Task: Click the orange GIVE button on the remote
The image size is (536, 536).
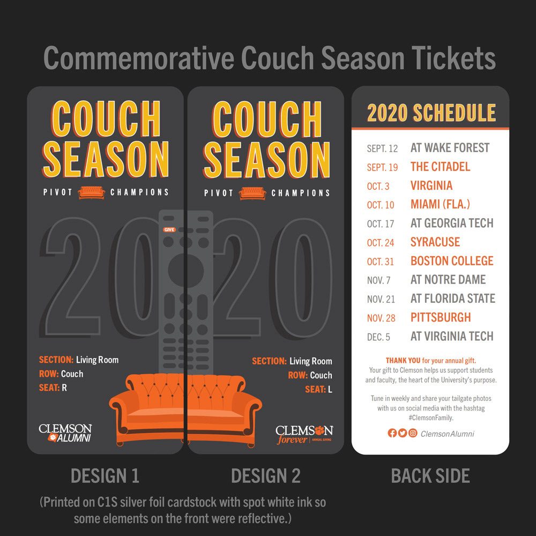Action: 169,230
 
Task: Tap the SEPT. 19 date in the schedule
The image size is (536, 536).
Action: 382,167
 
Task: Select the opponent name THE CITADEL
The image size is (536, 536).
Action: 440,167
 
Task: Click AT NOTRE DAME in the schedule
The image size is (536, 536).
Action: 448,280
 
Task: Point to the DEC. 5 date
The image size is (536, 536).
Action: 378,337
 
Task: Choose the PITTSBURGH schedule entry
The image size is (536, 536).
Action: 441,317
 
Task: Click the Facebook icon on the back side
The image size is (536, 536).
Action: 392,433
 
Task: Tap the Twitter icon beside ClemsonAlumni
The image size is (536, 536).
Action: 403,433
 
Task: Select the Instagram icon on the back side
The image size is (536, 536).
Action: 413,433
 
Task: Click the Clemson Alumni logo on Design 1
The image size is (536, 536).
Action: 65,433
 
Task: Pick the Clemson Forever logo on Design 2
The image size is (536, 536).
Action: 304,435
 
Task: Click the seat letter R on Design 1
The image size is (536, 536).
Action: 64,388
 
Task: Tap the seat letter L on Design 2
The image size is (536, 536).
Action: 330,389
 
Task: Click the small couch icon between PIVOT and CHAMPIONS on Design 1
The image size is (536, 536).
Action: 91,192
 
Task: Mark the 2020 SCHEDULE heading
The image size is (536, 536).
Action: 431,113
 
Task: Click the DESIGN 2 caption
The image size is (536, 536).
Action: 266,476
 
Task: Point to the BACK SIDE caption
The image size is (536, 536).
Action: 430,476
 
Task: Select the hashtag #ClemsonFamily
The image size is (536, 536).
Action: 431,418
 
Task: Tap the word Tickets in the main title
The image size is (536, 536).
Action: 453,58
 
